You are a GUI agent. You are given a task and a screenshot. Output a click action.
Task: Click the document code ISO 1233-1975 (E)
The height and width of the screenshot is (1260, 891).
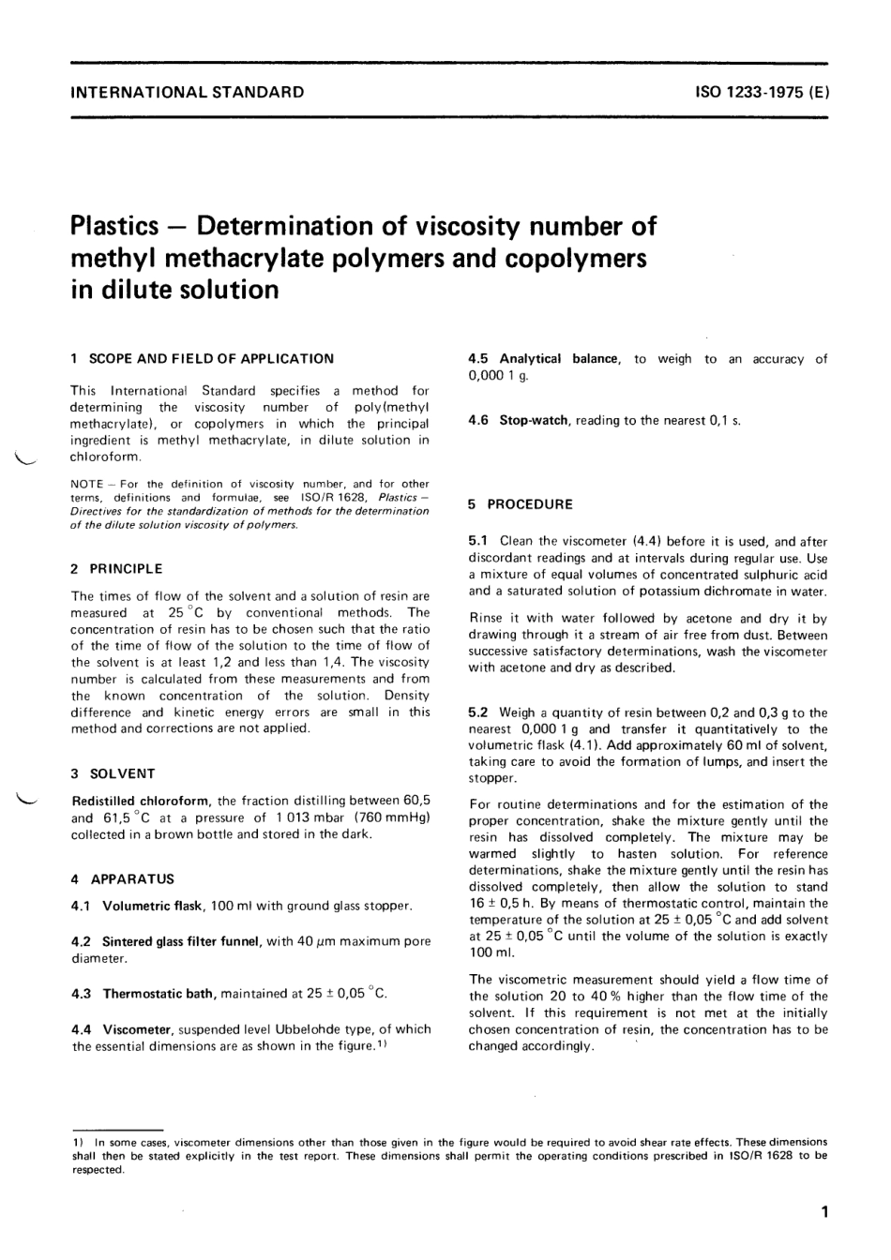coord(762,92)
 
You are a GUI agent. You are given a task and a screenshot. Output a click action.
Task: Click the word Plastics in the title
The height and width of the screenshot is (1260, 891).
coord(114,227)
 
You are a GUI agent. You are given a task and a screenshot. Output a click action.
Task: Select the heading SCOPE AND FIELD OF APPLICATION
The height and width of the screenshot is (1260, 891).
coord(211,358)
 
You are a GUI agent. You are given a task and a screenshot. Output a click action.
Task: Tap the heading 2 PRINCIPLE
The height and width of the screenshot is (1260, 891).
coord(117,568)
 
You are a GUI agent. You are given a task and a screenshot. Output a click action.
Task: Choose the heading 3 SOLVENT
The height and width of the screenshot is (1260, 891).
coord(113,773)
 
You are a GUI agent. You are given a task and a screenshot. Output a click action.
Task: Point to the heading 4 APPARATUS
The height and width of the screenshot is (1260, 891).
coord(123,879)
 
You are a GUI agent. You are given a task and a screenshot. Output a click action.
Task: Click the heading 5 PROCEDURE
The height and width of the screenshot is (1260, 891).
coord(521,504)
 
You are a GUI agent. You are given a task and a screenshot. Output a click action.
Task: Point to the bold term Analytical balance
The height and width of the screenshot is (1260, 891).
coord(559,358)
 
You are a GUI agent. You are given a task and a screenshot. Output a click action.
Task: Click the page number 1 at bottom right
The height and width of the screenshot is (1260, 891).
coord(823,1212)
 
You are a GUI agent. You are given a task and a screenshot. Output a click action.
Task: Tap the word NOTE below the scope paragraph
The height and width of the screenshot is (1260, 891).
coord(86,484)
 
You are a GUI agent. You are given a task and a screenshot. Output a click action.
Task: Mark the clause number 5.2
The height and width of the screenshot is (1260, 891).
coord(478,712)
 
